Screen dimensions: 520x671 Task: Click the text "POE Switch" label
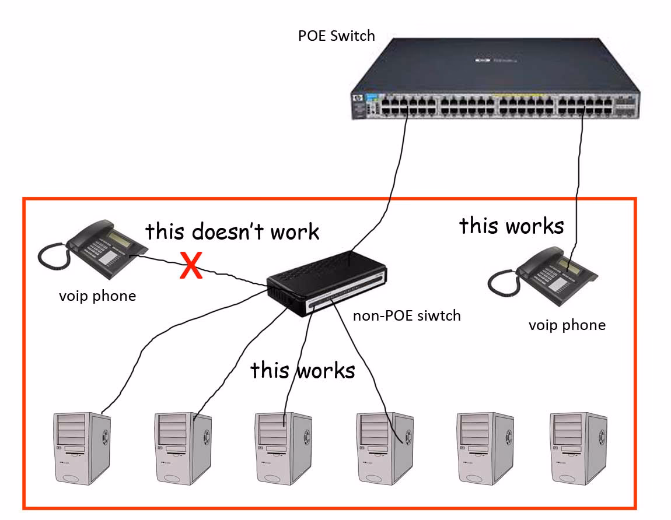[336, 36]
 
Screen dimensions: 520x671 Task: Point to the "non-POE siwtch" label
[407, 316]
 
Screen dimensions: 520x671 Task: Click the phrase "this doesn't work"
[232, 231]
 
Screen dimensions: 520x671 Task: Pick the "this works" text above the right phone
[511, 226]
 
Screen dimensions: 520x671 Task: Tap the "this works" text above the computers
[302, 370]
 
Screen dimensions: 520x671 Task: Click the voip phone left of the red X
[93, 248]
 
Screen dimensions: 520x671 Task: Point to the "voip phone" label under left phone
[97, 296]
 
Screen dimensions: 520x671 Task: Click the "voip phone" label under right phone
[567, 325]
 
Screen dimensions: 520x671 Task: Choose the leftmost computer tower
[81, 448]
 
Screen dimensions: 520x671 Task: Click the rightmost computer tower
[578, 448]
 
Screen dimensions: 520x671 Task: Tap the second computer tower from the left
[183, 448]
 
